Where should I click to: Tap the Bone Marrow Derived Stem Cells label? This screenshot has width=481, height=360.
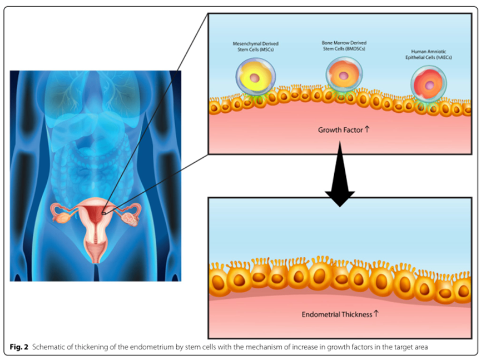[x=341, y=46]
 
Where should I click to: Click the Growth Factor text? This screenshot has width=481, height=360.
[x=340, y=130]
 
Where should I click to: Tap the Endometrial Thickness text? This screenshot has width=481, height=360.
[x=336, y=314]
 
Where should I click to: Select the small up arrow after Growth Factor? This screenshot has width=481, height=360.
[x=367, y=129]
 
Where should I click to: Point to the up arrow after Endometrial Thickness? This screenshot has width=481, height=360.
[x=376, y=313]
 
